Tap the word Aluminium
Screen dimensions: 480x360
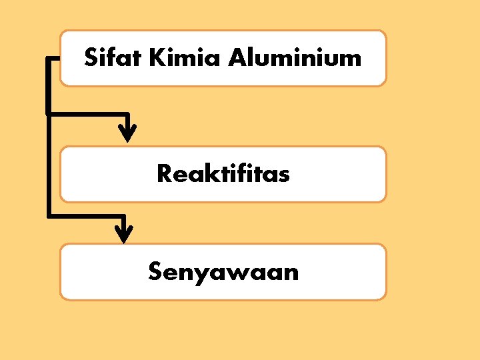point(294,58)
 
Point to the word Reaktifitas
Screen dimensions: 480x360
point(223,174)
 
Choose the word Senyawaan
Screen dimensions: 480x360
point(223,272)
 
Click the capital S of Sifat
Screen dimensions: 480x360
point(91,58)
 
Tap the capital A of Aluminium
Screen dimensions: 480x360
point(237,58)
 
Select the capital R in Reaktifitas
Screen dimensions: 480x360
point(164,174)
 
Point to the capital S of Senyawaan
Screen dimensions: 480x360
point(155,272)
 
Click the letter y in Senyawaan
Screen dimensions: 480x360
point(197,275)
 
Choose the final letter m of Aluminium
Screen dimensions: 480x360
point(351,60)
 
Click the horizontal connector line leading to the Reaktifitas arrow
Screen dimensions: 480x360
point(87,113)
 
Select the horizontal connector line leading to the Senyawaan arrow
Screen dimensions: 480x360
point(85,215)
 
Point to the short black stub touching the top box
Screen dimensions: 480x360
point(53,59)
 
